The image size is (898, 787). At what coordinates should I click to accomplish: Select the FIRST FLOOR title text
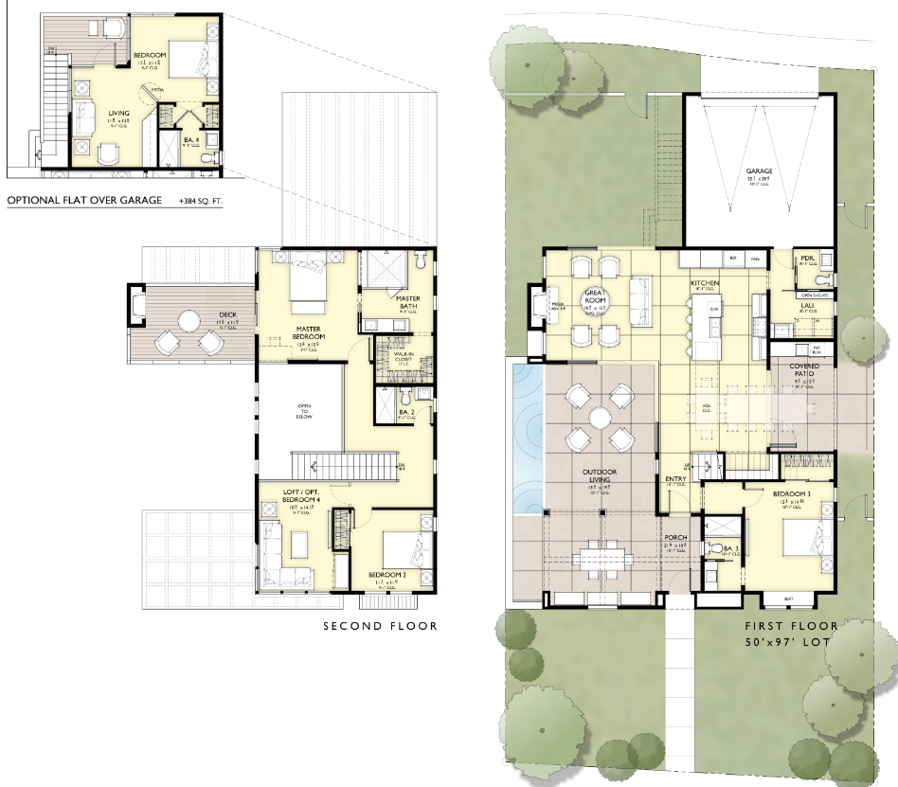tap(791, 626)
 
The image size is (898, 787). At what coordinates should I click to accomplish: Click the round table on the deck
tap(189, 321)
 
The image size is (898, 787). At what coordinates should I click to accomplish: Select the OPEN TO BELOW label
tap(304, 412)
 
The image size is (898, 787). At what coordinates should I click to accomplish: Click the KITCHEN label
tap(705, 283)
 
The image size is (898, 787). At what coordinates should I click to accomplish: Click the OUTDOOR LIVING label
tap(598, 475)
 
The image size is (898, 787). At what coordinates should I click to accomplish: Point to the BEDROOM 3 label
tap(789, 495)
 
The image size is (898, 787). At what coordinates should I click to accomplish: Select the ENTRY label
tap(675, 479)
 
